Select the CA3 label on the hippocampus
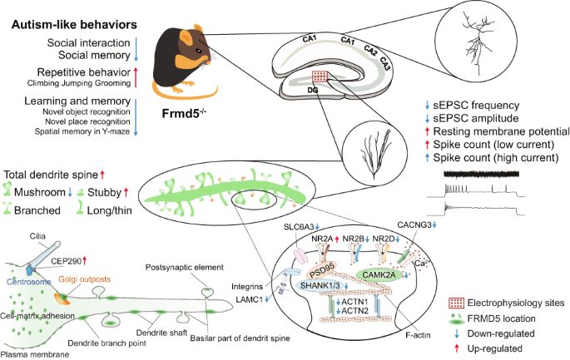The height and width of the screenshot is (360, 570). pyautogui.click(x=386, y=61)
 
